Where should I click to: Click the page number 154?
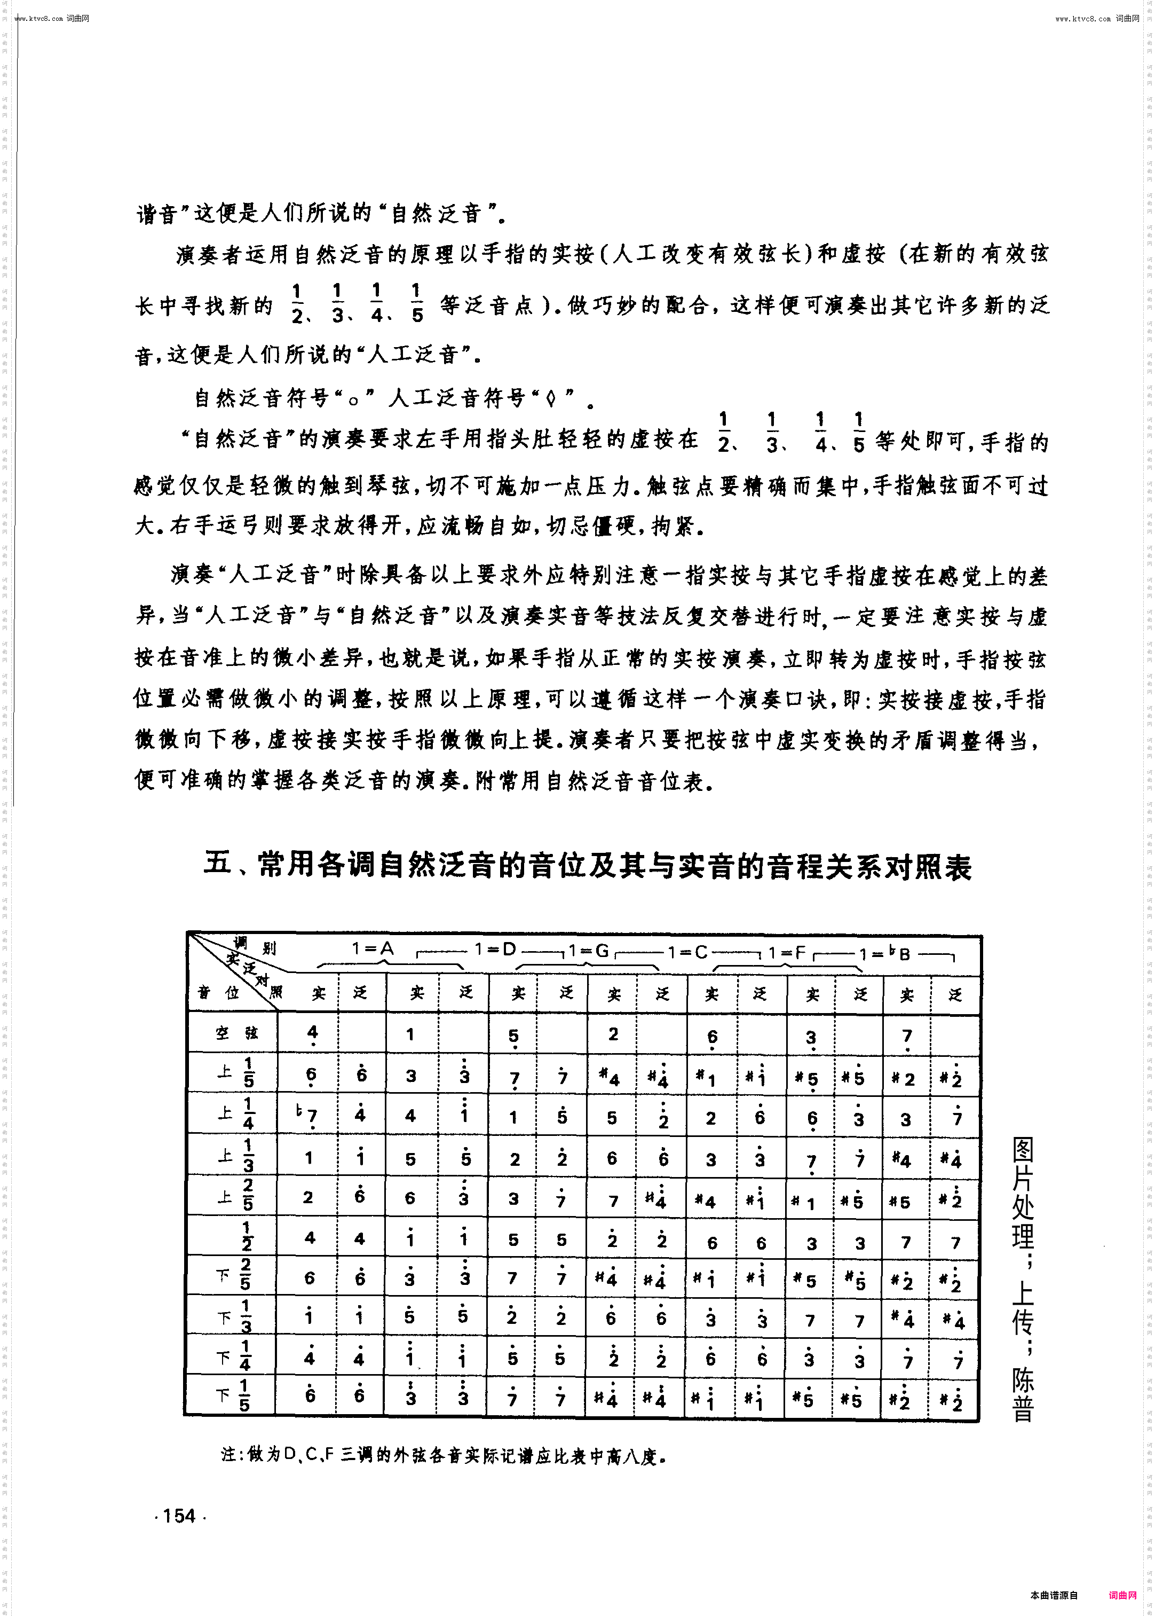[179, 1516]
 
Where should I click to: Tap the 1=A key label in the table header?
[372, 948]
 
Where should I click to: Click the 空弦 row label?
[237, 1033]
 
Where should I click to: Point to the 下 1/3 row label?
[235, 1316]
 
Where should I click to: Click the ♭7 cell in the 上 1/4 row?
[307, 1116]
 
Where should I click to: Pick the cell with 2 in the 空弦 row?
[613, 1033]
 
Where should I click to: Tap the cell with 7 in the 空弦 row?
[907, 1036]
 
